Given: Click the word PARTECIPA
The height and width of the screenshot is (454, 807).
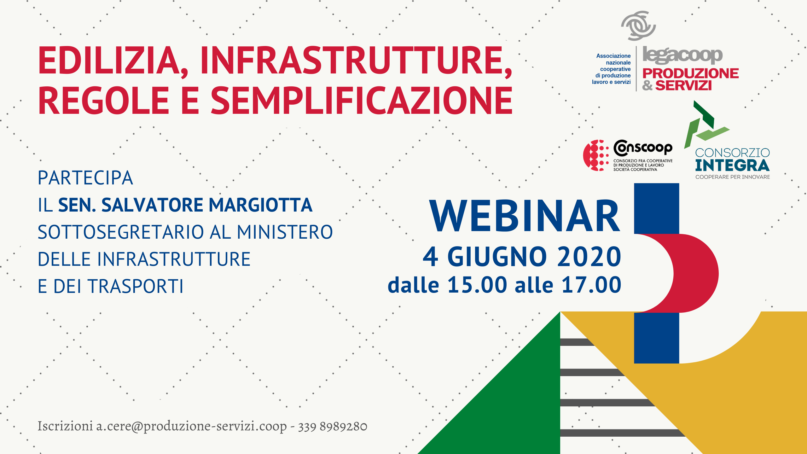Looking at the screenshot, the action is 85,178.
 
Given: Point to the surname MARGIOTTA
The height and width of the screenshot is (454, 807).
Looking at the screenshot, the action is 260,205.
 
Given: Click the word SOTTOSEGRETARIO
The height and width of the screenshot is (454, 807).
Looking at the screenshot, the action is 121,232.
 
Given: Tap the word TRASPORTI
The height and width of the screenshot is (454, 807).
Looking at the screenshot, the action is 136,286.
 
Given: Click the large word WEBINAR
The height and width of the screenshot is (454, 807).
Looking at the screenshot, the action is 525,216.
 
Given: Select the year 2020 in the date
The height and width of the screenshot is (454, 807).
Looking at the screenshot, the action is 589,257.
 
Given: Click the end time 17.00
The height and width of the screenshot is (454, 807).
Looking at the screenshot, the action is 591,285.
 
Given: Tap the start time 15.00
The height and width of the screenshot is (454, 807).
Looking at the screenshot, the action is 477,285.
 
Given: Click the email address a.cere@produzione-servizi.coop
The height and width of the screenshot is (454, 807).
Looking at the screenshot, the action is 191,426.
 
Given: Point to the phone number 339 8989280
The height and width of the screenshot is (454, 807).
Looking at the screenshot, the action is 333,426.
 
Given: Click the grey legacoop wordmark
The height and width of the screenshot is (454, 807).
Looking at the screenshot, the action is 682,55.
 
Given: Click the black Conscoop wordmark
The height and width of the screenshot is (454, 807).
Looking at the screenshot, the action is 643,148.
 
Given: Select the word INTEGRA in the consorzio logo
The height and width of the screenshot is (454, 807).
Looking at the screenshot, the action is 732,165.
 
